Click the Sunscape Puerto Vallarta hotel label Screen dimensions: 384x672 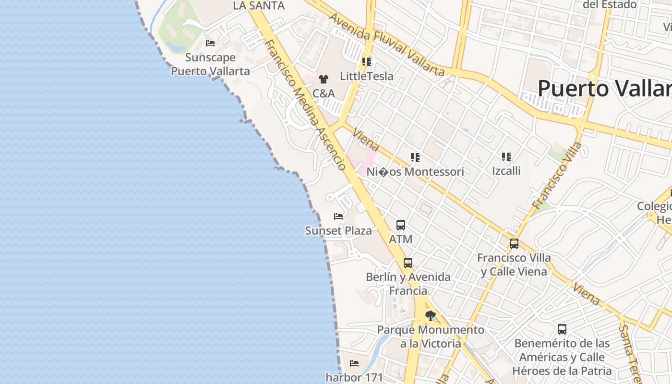210,64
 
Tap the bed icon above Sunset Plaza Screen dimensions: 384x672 338,216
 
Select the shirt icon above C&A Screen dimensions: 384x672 323,79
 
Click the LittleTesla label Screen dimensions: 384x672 366,76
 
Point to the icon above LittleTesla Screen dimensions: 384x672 367,61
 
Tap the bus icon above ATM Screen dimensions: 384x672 401,225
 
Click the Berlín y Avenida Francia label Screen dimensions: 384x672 408,284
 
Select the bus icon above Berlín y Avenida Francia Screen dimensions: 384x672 408,263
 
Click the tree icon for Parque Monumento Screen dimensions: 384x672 431,315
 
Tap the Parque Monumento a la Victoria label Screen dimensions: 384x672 431,336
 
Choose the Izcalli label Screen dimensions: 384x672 506,171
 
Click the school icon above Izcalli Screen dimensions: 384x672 506,156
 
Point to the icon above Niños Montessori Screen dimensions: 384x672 415,157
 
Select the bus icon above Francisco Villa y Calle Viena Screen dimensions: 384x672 514,244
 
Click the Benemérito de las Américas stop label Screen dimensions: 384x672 562,357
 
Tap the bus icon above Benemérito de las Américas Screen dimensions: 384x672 562,329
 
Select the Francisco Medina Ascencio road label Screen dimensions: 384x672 305,105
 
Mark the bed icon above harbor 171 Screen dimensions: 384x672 354,363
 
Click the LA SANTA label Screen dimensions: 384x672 259,6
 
